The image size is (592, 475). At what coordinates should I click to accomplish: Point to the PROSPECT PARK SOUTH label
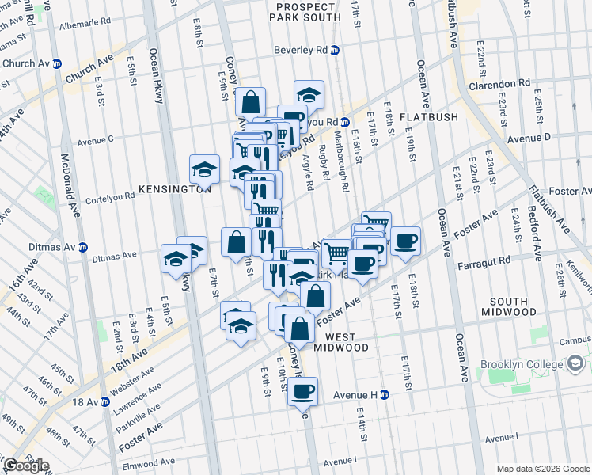[306, 12]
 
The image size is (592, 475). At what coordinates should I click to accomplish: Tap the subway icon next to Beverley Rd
[335, 50]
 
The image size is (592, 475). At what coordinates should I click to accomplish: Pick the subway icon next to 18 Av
[104, 402]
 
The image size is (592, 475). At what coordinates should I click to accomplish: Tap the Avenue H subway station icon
[385, 394]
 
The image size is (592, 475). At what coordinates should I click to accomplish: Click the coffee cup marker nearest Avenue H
[302, 390]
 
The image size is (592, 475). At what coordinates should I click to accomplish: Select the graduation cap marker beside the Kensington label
[204, 169]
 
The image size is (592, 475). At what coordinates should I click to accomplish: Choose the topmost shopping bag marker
[250, 102]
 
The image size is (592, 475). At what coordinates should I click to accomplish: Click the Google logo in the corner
[25, 465]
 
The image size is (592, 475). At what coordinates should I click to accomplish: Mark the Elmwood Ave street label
[147, 462]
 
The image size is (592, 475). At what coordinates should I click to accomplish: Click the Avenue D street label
[529, 138]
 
